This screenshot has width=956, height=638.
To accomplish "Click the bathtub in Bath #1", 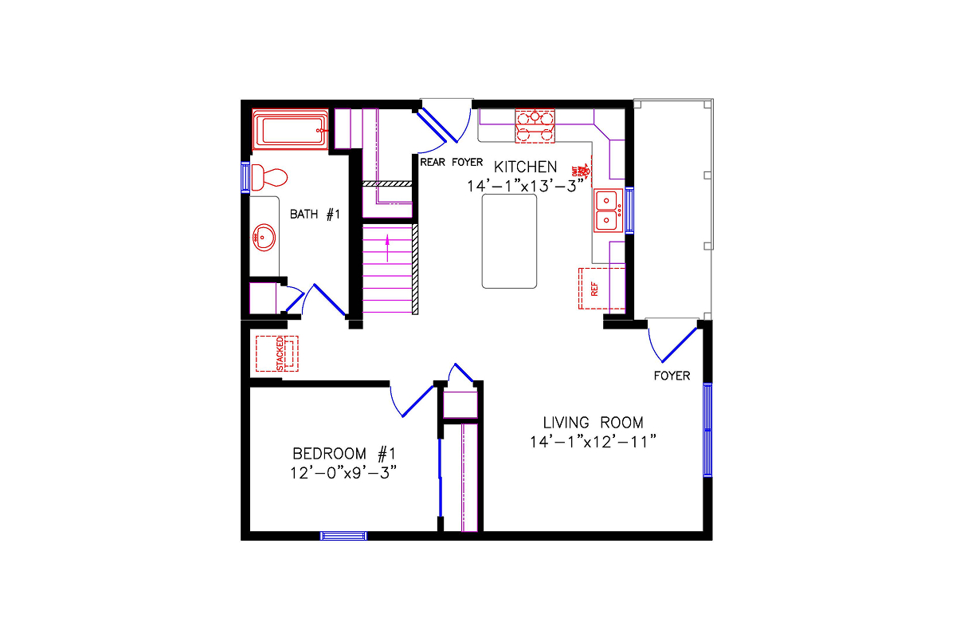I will (291, 129).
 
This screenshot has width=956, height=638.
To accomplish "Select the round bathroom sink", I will (264, 238).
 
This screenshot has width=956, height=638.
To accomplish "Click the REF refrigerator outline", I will (591, 289).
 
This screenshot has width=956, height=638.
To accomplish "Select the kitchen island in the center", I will (509, 240).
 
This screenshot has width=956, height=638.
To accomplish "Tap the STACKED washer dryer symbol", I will (276, 353).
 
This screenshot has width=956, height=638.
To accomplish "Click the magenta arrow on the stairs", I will (388, 247).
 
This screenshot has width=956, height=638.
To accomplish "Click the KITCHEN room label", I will (525, 167).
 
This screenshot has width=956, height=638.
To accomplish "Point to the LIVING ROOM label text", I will (593, 423).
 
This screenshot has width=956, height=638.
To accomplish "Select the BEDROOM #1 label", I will (343, 454).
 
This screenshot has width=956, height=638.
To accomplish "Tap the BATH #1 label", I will (315, 214).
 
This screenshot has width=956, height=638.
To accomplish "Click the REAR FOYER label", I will (451, 162).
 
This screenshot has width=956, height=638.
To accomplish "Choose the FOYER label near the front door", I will (672, 376).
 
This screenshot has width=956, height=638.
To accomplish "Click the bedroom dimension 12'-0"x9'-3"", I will (343, 472).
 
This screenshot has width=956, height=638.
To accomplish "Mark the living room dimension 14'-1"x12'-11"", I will (593, 441).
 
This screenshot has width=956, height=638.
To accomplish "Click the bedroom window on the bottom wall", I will (343, 536).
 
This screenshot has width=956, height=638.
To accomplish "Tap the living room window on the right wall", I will (707, 430).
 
